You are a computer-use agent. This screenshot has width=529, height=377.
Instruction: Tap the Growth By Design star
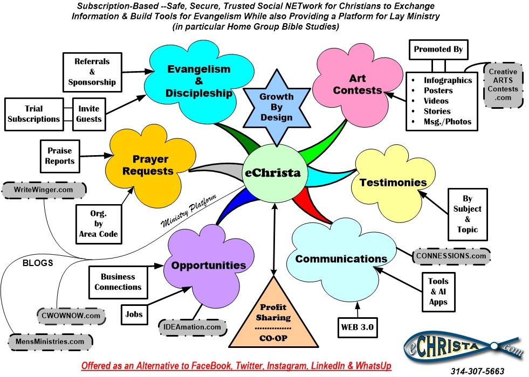pos(276,107)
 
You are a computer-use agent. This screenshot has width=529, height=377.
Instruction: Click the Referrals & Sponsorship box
pos(92,72)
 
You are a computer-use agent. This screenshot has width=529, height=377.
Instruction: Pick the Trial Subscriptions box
pos(33,114)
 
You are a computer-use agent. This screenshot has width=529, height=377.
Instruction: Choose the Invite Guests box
pos(89,114)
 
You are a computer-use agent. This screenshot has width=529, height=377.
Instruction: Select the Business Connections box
pos(118,282)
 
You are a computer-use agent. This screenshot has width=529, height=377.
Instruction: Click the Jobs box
pos(134,313)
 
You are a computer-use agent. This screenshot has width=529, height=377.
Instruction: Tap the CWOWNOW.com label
pos(63,315)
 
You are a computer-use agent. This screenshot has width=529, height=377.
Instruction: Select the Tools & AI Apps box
pos(438,291)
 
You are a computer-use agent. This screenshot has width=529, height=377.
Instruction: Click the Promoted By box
pos(438,49)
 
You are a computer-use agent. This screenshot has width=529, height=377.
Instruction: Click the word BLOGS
pos(37,263)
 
